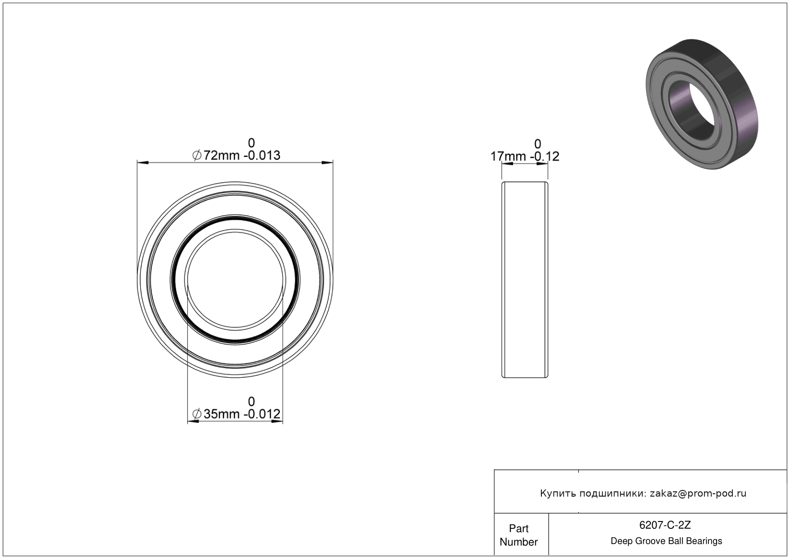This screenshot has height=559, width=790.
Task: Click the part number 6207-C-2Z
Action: point(665,525)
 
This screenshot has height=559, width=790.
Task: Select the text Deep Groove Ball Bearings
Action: point(666,541)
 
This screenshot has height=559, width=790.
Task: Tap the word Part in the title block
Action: point(518,529)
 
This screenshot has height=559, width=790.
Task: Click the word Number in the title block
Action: point(518,542)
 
